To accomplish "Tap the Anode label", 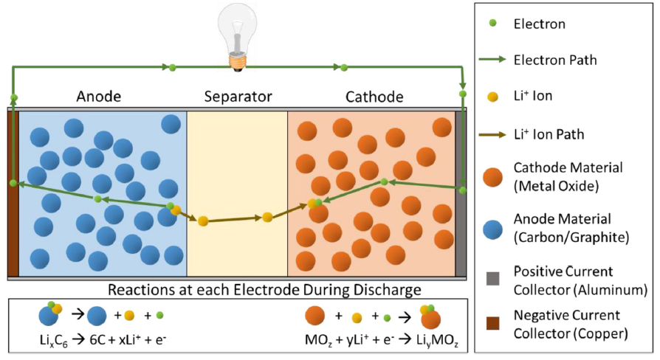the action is tap(99, 97).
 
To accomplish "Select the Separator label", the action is tap(237, 97).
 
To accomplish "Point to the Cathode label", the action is tap(374, 97).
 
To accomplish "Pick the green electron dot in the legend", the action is tap(493, 24).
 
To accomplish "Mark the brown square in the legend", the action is tap(493, 323).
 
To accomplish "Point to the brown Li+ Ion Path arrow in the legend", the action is tap(493, 134).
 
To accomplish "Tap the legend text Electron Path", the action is tap(555, 61).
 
